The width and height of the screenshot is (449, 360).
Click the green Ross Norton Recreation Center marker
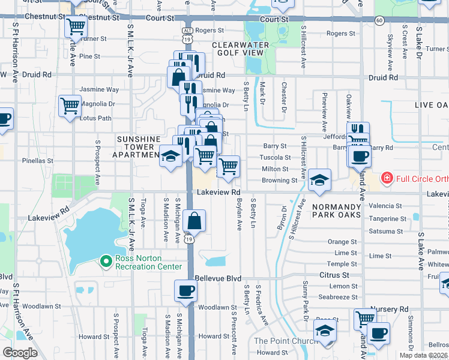(x=106, y=261)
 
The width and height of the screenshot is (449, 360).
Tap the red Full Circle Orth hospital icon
(x=387, y=178)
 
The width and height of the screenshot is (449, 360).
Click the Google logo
(x=20, y=353)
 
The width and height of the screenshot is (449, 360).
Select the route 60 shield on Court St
(x=379, y=20)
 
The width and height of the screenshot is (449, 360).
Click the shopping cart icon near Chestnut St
(x=76, y=26)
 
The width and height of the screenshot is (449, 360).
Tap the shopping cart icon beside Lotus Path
(x=70, y=106)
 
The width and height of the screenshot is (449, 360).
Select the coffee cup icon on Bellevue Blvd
(x=185, y=291)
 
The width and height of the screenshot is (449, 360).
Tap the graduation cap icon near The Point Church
(x=325, y=332)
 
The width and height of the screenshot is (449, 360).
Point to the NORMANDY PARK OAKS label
(x=336, y=210)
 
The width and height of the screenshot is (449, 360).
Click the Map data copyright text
(x=416, y=355)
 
